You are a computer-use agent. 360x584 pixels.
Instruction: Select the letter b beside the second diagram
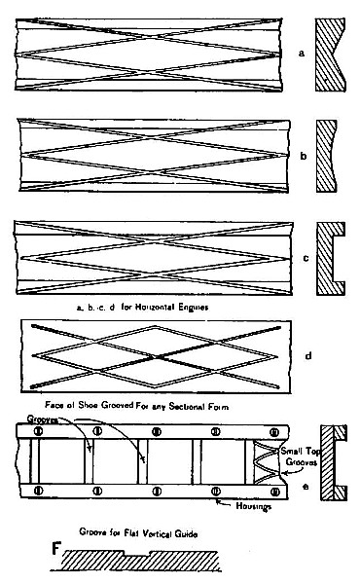click(304, 154)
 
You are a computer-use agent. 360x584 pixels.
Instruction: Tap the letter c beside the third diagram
click(305, 258)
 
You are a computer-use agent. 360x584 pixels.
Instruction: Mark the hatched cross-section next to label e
click(335, 462)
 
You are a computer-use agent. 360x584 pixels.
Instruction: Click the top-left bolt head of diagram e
click(38, 430)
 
